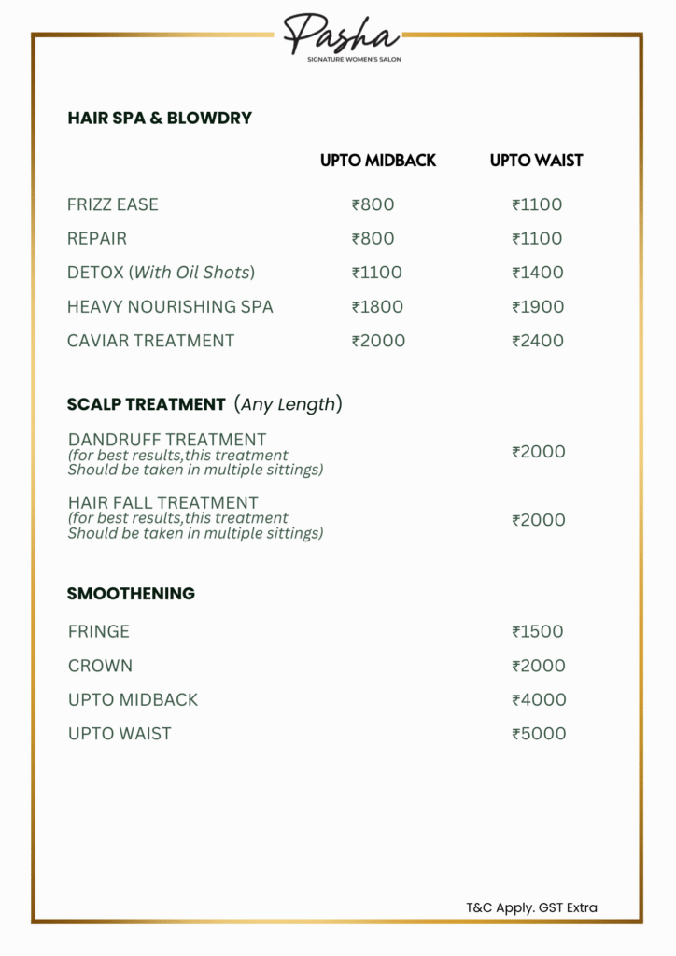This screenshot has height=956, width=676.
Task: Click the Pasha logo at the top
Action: point(341,36)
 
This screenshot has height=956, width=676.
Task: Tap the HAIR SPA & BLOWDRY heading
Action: point(160,119)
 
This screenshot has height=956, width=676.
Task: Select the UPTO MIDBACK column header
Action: point(378,161)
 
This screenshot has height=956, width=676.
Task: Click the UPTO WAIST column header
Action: point(536,161)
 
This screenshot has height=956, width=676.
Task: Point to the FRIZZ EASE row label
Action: point(113,204)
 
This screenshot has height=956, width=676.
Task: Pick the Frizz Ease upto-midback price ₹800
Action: point(373,204)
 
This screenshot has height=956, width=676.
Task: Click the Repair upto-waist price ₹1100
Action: point(537,238)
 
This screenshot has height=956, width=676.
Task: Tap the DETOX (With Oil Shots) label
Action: point(161,273)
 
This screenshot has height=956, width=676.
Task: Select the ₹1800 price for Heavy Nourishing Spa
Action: point(377,306)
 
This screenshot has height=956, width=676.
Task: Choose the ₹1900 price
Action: point(538,306)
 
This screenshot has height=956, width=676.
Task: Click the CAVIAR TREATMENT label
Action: point(150,341)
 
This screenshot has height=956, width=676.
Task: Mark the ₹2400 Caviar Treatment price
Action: point(538,341)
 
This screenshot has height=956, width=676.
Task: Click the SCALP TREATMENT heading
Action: point(147,404)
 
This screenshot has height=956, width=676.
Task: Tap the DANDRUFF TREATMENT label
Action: point(167,439)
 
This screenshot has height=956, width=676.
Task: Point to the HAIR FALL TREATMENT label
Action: point(163,502)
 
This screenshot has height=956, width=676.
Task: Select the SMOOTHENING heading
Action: point(131,594)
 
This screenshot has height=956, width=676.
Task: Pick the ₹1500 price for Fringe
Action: point(538,632)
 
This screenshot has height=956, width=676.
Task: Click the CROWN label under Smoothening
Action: point(100,666)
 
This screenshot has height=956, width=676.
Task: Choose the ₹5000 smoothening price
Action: point(539,734)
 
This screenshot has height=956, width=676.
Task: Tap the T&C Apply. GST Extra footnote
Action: point(531,907)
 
